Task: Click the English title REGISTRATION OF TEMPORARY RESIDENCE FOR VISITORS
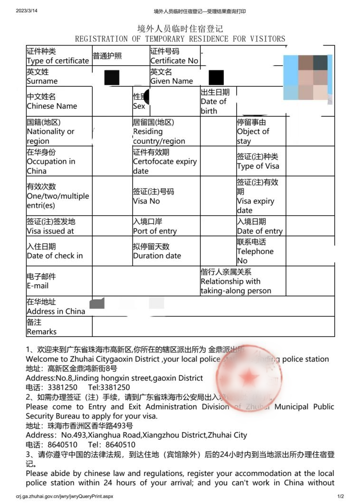[180, 39]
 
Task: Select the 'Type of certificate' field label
[57, 61]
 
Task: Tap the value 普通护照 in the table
[107, 56]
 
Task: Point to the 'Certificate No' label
[174, 61]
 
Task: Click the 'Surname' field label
[42, 81]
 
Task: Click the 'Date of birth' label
[214, 106]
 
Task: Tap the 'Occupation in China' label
[51, 166]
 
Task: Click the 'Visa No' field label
[146, 201]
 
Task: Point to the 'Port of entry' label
[155, 231]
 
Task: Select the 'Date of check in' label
[55, 256]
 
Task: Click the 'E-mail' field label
[38, 286]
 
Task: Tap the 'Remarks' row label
[41, 332]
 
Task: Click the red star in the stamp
[248, 377]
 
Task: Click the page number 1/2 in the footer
[340, 496]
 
